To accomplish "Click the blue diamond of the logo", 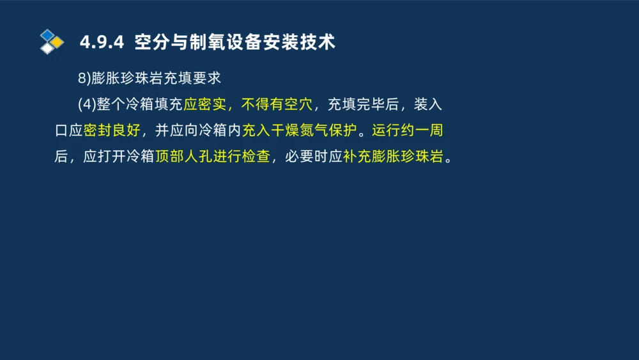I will pos(47,35).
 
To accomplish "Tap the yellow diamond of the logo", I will pos(57,42).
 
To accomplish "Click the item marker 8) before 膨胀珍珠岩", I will pos(84,78).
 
